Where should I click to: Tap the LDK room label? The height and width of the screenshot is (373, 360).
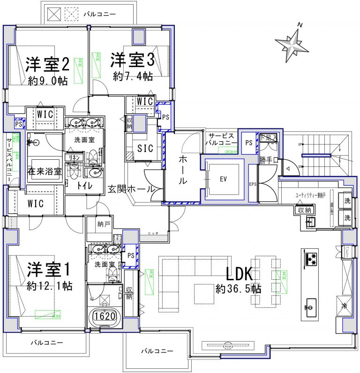coord(240,274)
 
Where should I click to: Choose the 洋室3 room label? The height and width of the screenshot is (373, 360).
coord(133,60)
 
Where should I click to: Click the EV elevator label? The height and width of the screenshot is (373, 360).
coord(223,179)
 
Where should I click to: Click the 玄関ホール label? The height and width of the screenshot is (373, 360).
coord(130,189)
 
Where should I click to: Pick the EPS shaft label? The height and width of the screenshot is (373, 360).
coord(253,184)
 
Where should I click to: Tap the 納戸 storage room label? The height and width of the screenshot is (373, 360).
coord(104,224)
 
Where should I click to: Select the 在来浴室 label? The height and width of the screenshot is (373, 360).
coord(44,171)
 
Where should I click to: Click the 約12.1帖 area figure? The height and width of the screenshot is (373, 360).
coord(49,285)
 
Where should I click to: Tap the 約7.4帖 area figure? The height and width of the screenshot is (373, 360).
coord(133,76)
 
